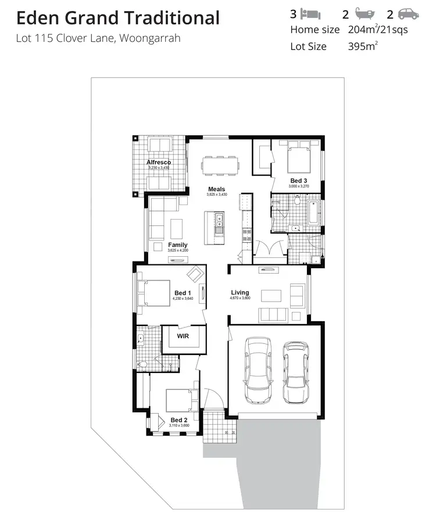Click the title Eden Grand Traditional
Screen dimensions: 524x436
tap(118, 18)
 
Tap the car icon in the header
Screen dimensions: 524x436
tap(408, 14)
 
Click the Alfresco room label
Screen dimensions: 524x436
tap(158, 162)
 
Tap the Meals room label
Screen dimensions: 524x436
tap(217, 189)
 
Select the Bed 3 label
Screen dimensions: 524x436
tap(299, 181)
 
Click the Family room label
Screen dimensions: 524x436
tap(178, 245)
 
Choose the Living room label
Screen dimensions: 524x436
tap(240, 293)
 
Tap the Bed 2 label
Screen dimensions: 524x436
tap(178, 420)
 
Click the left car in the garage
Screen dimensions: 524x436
tap(258, 370)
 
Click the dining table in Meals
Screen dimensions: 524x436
tap(220, 166)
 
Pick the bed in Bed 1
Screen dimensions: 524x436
tap(153, 293)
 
